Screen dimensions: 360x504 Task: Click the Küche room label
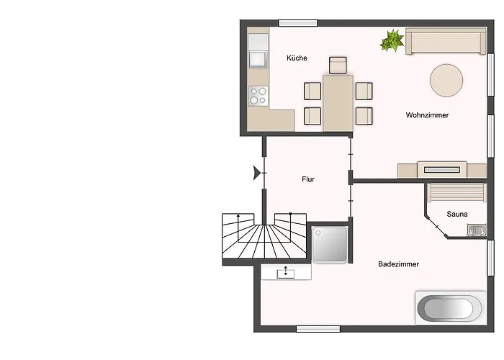pos(297,58)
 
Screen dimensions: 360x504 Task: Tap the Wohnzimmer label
pos(427,114)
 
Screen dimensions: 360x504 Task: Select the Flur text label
pos(308,180)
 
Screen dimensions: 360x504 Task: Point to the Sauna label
pos(457,214)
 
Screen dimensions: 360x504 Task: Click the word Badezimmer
pos(398,264)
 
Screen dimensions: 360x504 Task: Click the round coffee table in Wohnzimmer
pos(446,80)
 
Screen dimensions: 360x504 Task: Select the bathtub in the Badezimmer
pos(449,309)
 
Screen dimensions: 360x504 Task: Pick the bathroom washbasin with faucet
pos(287,272)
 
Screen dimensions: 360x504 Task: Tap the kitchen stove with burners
pos(258,95)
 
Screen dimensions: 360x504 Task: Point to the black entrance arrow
pos(257,173)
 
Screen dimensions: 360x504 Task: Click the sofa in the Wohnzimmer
pos(444,41)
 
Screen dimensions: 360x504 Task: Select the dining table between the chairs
pos(338,102)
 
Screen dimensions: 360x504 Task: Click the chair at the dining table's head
pos(338,65)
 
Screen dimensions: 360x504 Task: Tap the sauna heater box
pos(476,230)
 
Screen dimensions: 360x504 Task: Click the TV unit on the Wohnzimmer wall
pos(441,170)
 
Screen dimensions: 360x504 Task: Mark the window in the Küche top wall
pos(298,23)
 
